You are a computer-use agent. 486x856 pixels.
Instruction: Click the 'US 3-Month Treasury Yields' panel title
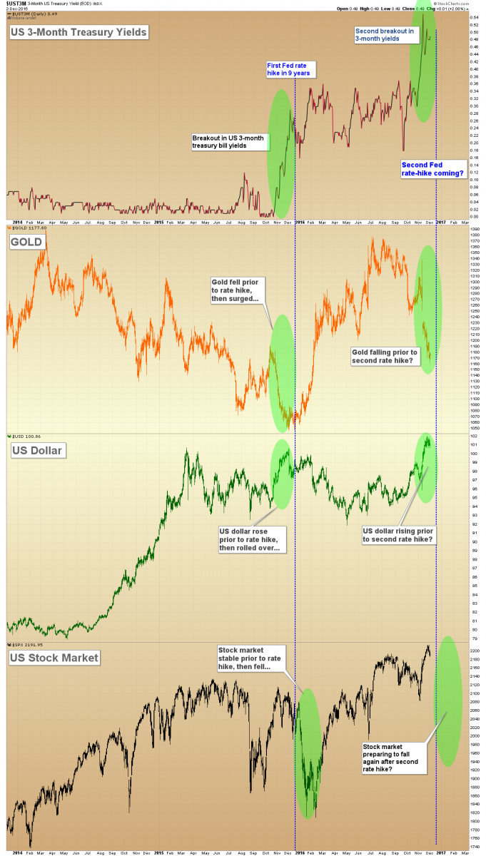78,32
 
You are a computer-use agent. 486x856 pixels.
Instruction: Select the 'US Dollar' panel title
36,450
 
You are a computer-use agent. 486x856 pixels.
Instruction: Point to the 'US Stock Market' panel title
54,657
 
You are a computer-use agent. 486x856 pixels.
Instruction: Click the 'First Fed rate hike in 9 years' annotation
290,69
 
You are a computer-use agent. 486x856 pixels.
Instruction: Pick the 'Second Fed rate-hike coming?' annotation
432,169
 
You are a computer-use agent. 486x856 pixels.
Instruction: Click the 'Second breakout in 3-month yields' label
384,35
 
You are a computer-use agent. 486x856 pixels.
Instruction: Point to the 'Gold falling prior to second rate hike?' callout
385,356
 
